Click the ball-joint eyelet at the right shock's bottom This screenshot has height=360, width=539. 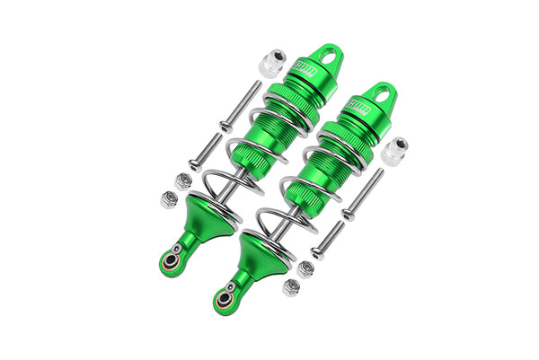222,300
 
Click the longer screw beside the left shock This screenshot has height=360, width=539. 232,116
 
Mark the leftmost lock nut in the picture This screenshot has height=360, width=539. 168,199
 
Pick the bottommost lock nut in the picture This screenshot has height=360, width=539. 290,287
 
